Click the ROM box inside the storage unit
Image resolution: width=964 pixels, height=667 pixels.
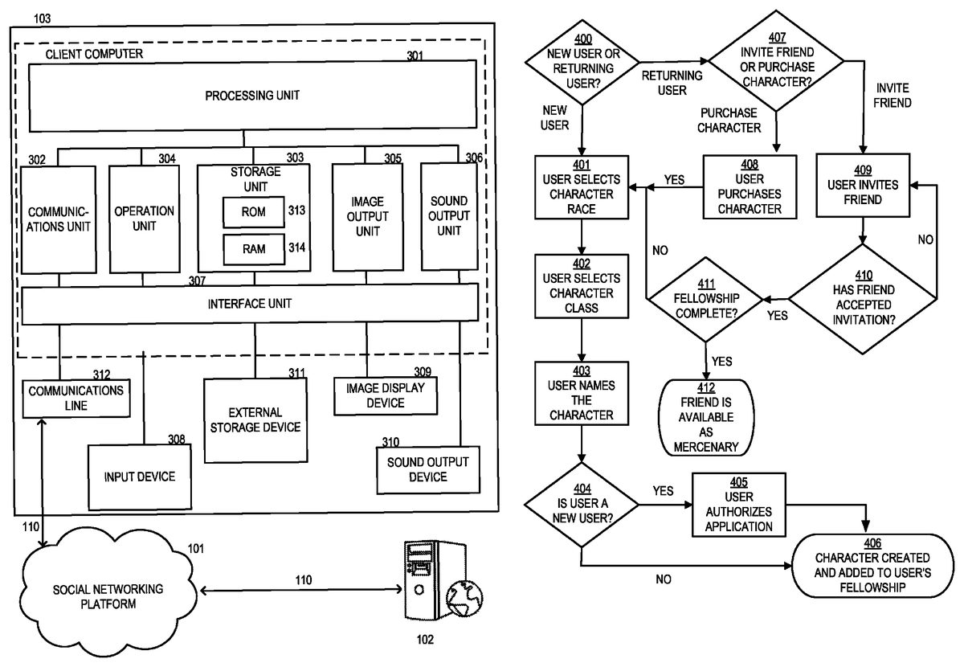(253, 211)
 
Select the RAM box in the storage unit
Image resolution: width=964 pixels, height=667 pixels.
(253, 249)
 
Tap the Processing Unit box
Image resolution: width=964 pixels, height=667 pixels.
(252, 96)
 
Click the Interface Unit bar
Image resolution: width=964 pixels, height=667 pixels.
(250, 304)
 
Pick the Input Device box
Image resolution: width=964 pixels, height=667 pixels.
(139, 477)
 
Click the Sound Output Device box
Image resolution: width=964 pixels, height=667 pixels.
(427, 470)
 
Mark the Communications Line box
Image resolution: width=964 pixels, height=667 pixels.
(76, 398)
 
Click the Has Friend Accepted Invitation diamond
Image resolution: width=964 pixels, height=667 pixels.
(862, 299)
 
